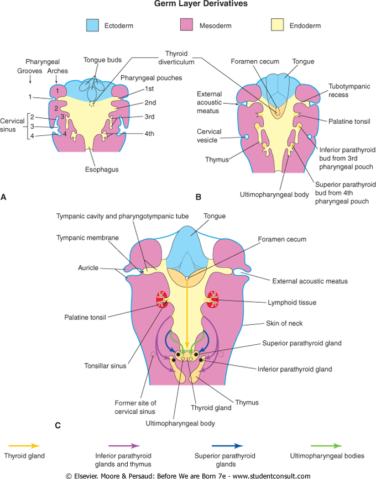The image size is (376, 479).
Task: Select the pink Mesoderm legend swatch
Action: click(188, 25)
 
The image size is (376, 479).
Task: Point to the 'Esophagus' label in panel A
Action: click(90, 170)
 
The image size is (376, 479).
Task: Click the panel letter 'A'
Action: click(4, 196)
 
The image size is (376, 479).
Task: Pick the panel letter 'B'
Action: click(198, 196)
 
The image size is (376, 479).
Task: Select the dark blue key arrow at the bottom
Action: click(226, 445)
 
